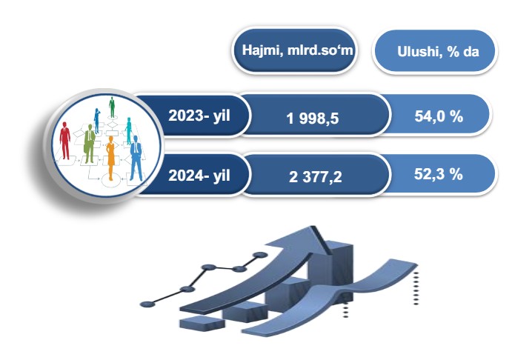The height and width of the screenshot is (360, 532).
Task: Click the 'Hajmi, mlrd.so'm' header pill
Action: (x=294, y=50)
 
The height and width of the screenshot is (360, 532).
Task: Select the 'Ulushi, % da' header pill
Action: (x=435, y=51)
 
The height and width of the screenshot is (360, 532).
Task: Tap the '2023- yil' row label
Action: (x=199, y=116)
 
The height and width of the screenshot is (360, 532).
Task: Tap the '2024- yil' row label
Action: (x=199, y=176)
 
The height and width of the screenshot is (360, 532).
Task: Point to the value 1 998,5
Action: (x=313, y=119)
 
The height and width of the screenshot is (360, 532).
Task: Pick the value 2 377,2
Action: (x=315, y=177)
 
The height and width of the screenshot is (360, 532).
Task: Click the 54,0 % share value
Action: (x=439, y=116)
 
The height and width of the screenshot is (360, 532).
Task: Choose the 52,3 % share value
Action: (x=439, y=174)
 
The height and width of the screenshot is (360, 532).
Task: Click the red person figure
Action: (x=64, y=141)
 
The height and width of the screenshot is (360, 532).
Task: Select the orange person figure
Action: (x=110, y=158)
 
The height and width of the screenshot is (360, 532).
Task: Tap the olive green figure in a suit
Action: (x=89, y=144)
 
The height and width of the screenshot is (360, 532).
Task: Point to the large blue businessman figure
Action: (x=136, y=158)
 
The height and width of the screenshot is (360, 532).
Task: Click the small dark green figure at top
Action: (x=112, y=107)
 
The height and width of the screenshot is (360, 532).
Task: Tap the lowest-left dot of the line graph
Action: (x=147, y=304)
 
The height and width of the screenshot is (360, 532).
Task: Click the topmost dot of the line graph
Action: (x=260, y=255)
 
